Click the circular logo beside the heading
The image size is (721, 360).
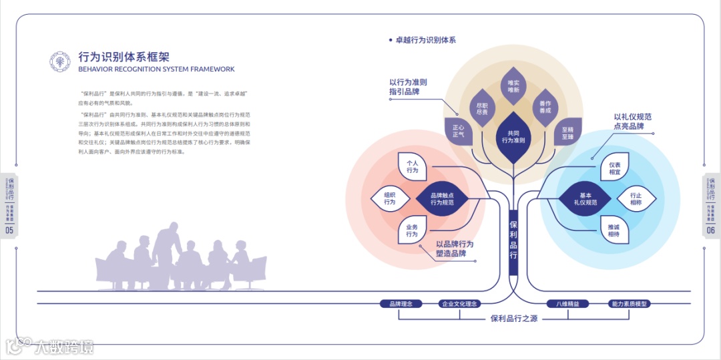(x=59, y=61)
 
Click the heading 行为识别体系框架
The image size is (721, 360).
(x=124, y=57)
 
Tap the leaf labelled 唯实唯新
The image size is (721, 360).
(x=513, y=86)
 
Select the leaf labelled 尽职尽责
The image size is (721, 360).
(x=481, y=109)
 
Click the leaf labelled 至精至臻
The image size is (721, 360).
(x=567, y=132)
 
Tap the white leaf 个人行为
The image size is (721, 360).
(x=412, y=166)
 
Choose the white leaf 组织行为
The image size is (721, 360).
(x=389, y=198)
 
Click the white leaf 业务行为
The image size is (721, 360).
(x=412, y=230)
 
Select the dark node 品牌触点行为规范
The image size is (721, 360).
(x=442, y=198)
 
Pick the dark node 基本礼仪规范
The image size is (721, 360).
(x=585, y=198)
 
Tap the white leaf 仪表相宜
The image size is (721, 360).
(x=614, y=168)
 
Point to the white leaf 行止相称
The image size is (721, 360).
(x=635, y=198)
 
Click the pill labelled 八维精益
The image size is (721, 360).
(x=568, y=304)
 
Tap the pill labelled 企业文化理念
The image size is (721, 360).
(x=460, y=304)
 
